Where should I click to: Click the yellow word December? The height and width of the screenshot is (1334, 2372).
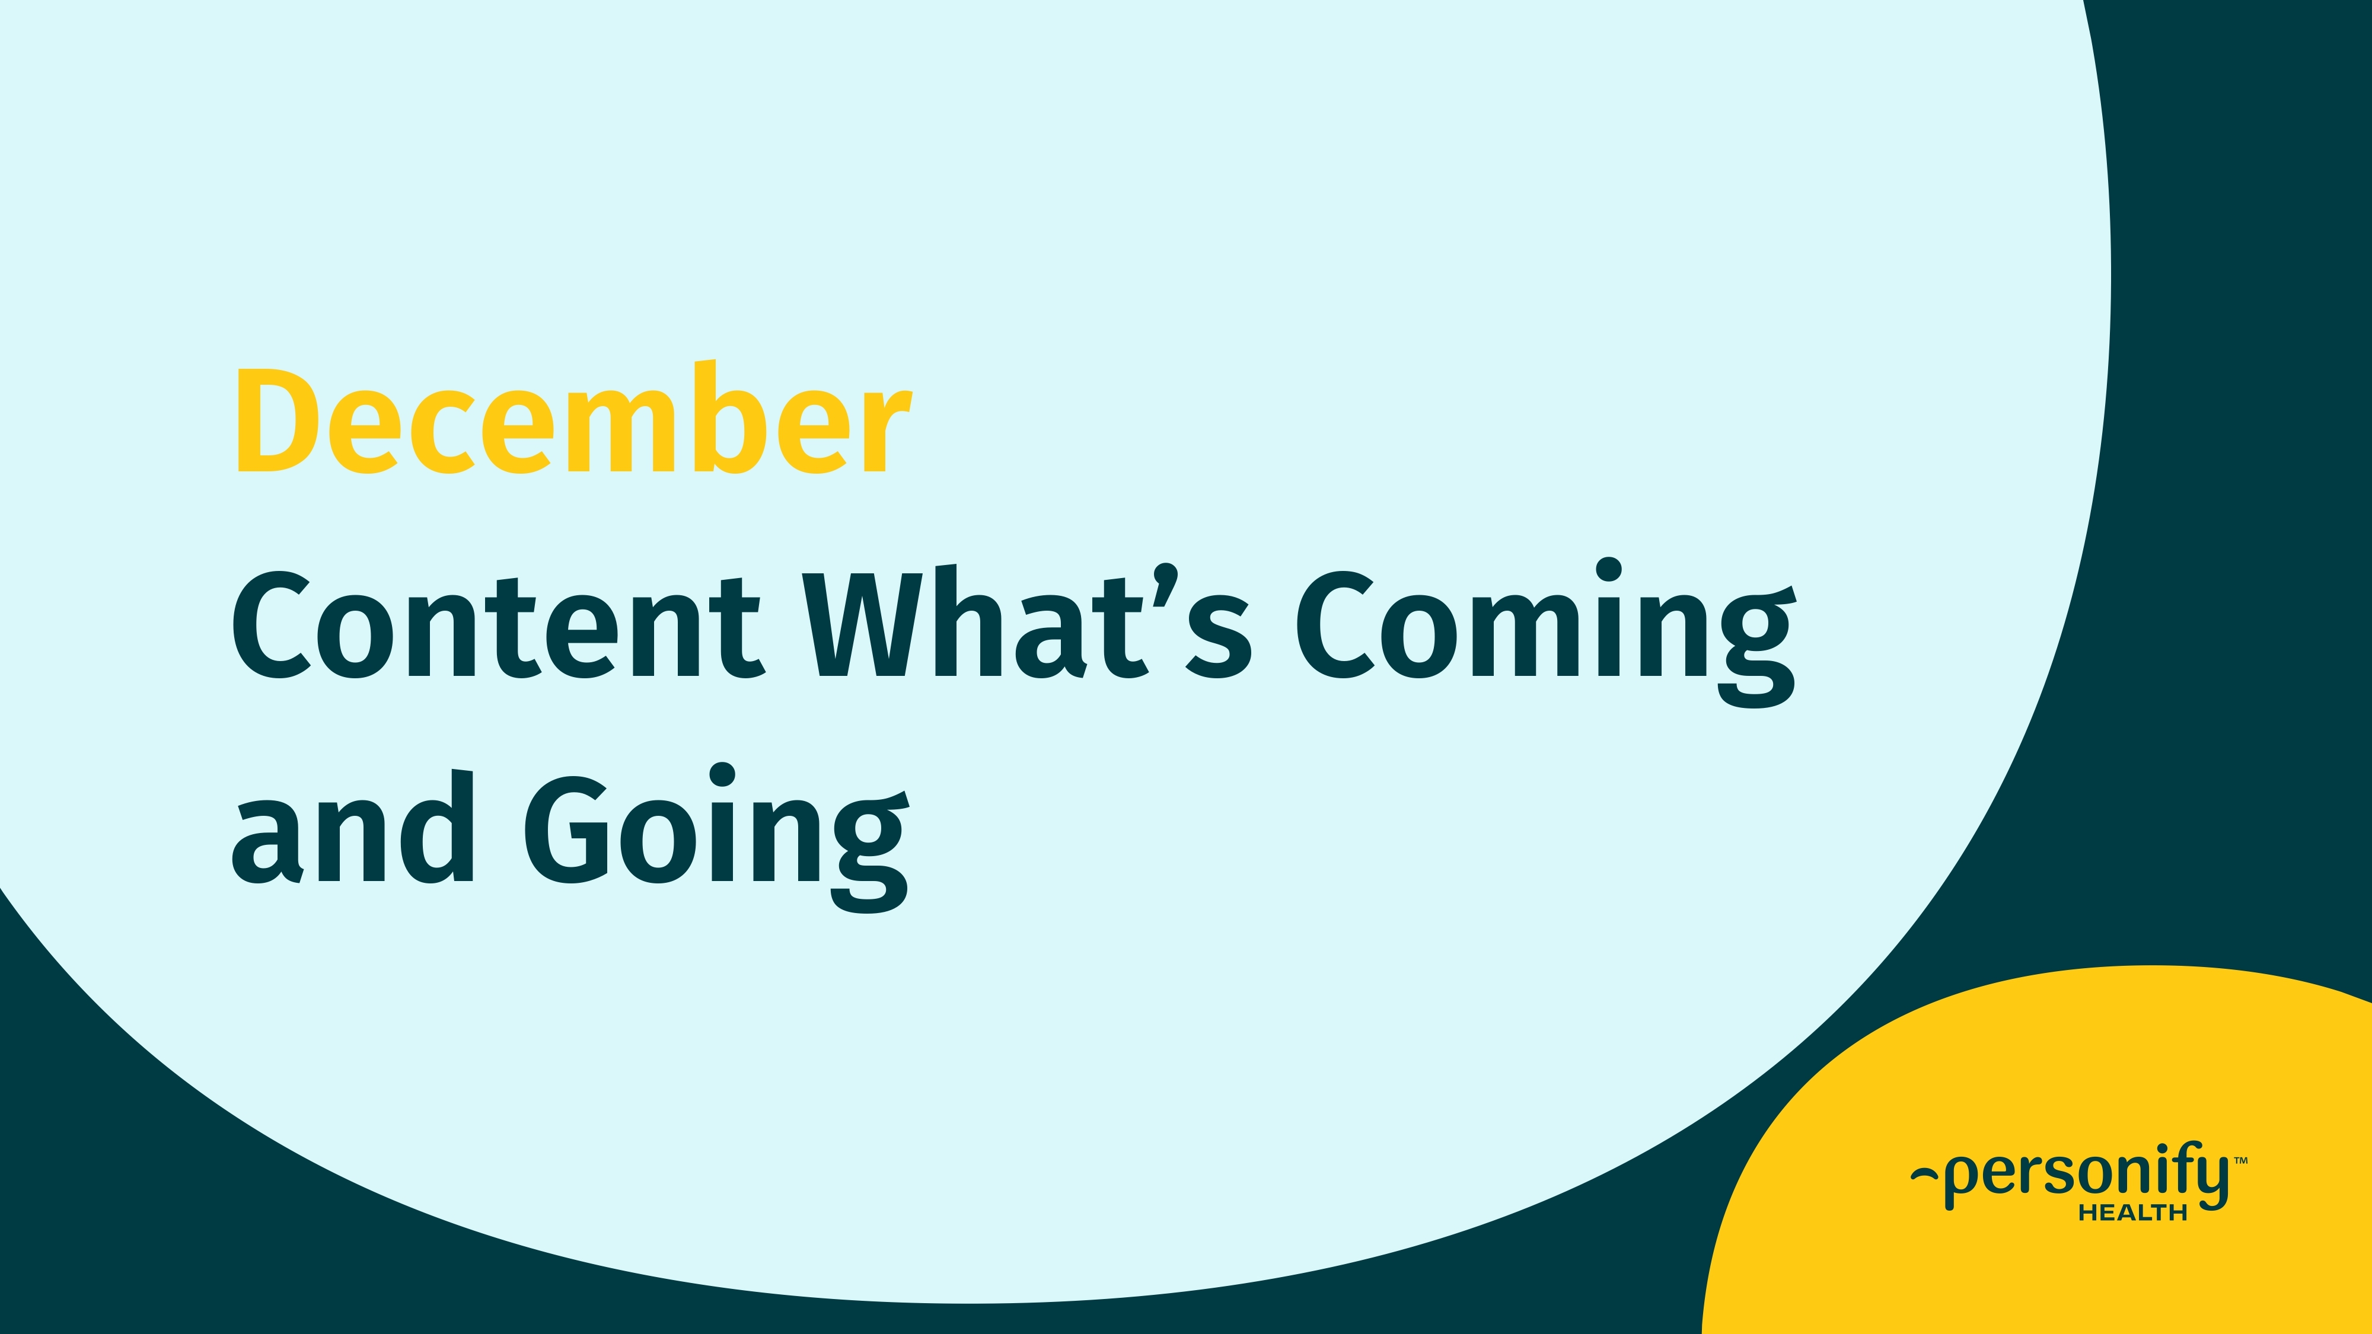pyautogui.click(x=573, y=420)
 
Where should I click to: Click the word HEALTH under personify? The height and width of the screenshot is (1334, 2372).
pyautogui.click(x=2132, y=1214)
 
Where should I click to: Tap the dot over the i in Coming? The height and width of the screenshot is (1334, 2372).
pyautogui.click(x=1609, y=569)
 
